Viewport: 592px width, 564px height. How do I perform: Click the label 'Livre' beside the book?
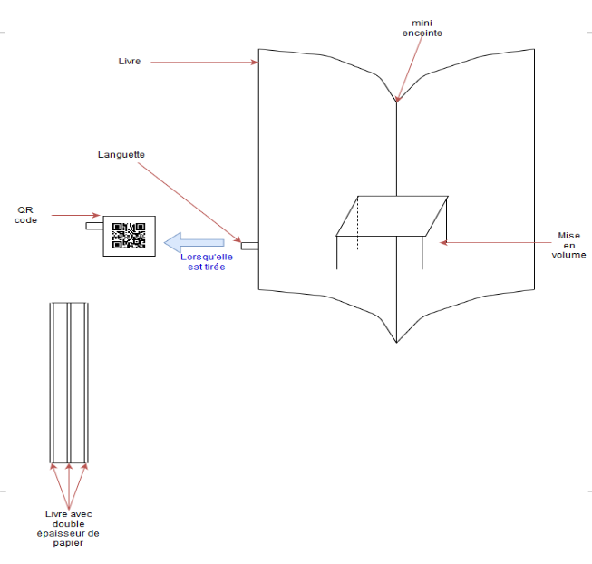130,61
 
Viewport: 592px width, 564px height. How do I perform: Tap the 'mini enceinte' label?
422,28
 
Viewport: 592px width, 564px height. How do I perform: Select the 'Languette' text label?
121,155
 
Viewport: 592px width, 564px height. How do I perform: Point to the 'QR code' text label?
25,215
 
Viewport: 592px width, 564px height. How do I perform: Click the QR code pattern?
129,236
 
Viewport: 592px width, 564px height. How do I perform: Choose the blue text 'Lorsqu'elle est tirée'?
207,262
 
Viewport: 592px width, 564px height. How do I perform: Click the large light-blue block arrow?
194,242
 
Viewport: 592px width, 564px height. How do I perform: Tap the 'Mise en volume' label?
568,245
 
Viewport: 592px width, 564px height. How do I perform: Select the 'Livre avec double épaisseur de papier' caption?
68,528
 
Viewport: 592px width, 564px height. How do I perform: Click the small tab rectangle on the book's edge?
250,246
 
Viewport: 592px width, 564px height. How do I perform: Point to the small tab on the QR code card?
94,226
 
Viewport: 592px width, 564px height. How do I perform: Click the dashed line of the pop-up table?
357,223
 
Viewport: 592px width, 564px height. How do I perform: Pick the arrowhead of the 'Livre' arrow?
255,62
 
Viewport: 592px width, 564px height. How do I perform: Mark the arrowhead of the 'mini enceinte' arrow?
397,99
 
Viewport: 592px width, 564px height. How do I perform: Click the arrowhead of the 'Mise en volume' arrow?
443,243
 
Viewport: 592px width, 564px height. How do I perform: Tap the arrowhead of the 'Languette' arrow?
238,239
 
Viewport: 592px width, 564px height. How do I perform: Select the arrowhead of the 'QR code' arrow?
97,215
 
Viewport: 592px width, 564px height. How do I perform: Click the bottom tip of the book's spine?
396,343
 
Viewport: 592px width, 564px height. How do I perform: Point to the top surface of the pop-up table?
392,216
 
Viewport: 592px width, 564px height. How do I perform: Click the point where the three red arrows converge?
69,510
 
